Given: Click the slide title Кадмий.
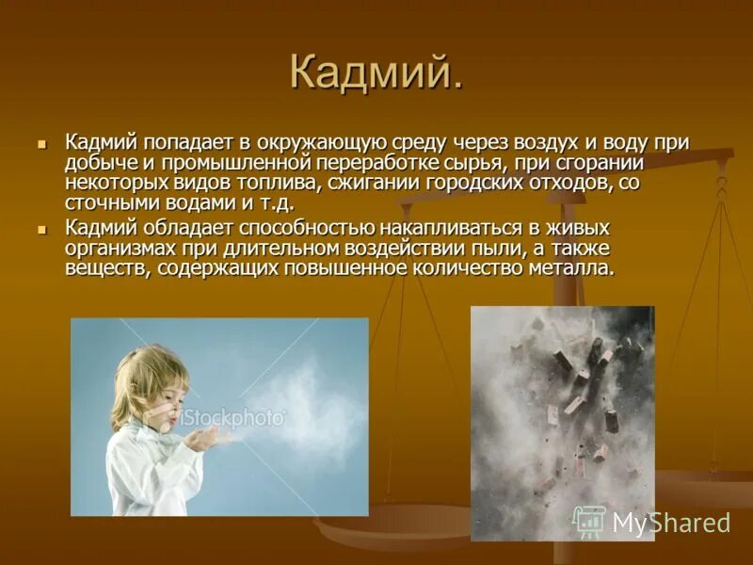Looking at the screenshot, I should click(x=376, y=73).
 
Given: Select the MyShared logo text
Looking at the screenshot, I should click(x=670, y=523).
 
